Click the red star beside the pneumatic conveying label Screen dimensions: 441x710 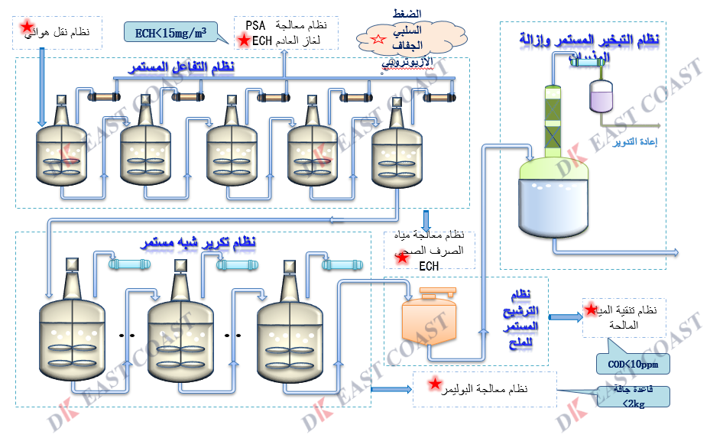26,28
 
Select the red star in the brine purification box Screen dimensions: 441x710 591,309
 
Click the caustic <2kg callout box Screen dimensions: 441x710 634,397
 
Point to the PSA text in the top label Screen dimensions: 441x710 256,26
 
